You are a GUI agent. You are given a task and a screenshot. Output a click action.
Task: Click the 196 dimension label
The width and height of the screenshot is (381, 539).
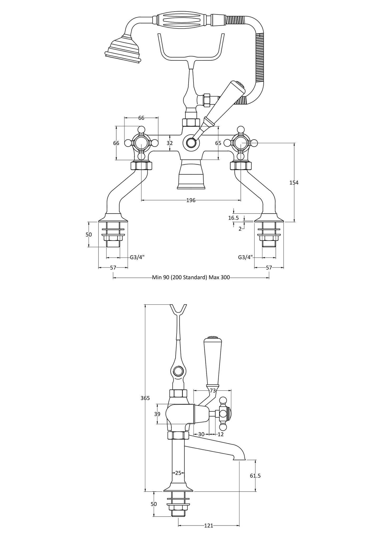[x=191, y=200]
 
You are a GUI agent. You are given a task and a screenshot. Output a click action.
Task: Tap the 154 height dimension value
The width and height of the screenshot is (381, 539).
[x=294, y=182]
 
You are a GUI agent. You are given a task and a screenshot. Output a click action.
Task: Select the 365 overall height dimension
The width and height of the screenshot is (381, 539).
[x=145, y=398]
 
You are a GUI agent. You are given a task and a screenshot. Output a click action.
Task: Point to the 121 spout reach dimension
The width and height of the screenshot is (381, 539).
[x=209, y=526]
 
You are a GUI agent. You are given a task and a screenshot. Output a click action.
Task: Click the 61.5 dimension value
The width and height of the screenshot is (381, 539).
[x=255, y=476]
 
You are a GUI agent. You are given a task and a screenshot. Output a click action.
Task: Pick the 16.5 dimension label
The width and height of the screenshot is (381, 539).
[x=233, y=218]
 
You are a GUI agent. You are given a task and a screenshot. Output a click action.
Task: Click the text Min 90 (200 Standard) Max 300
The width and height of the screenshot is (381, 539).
[x=191, y=277]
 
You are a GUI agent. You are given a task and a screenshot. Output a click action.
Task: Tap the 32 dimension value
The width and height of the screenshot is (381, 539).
[x=170, y=143]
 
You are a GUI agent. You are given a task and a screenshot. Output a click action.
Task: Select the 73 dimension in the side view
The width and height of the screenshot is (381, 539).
[x=213, y=391]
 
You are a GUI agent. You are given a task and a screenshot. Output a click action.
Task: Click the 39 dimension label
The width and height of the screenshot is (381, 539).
[x=157, y=414]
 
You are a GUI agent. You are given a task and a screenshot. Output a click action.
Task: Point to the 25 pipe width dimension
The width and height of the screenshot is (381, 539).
[x=178, y=473]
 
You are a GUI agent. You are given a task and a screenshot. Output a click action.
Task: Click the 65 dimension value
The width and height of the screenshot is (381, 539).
[x=218, y=143]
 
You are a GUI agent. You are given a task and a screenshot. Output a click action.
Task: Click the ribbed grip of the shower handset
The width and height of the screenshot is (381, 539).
[x=184, y=20]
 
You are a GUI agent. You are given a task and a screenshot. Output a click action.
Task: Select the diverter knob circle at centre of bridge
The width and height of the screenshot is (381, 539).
[x=191, y=143]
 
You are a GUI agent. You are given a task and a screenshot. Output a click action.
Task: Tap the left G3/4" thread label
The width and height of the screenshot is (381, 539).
[x=137, y=257]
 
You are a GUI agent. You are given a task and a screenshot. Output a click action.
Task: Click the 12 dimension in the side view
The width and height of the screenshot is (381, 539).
[x=221, y=434]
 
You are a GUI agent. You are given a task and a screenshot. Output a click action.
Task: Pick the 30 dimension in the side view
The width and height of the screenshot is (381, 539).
[x=201, y=434]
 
